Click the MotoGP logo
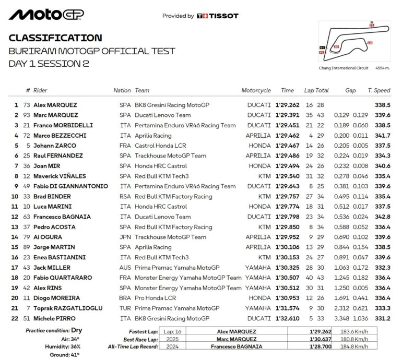(46, 15)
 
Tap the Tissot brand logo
(218, 16)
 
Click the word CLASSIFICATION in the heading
(55, 38)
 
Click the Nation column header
(122, 90)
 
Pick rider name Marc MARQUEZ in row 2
(56, 115)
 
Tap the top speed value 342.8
(383, 217)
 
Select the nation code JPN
(125, 237)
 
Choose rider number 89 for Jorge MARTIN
(27, 247)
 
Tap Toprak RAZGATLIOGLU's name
(68, 308)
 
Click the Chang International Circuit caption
(344, 68)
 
